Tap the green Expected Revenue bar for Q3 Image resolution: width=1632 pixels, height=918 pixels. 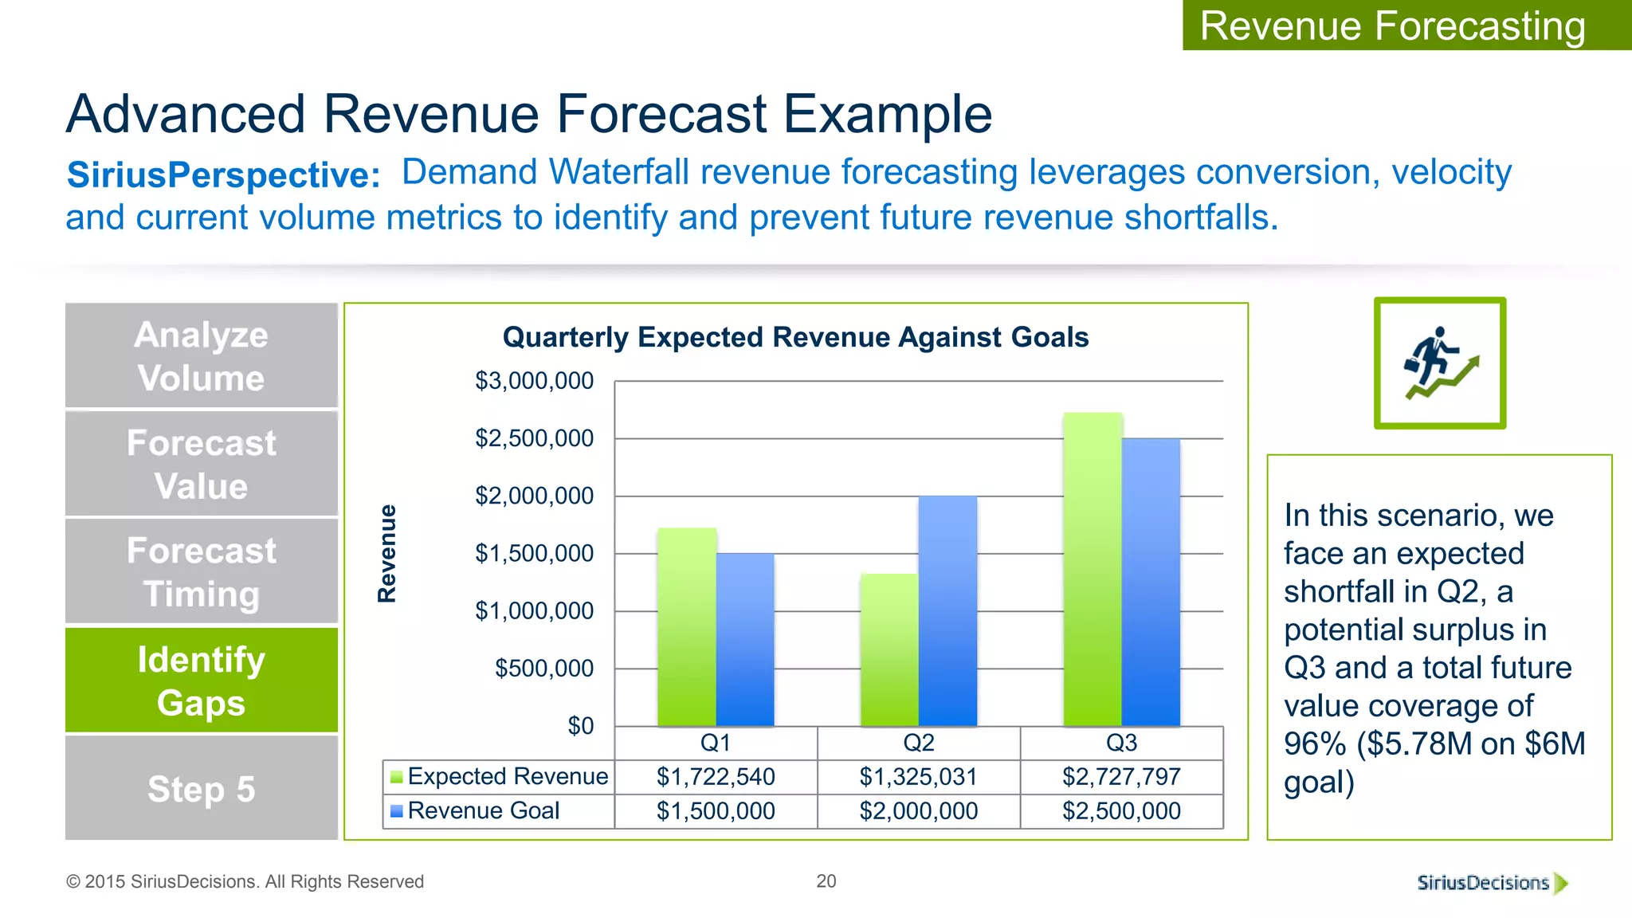coord(1093,569)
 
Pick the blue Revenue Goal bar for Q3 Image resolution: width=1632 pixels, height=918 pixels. coord(1151,582)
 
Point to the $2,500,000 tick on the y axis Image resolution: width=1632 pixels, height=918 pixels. coord(535,438)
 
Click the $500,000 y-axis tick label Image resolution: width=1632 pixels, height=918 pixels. coord(544,669)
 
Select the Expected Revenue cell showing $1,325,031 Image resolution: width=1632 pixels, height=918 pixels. coord(918,777)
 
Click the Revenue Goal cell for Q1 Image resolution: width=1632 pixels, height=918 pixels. coord(716,811)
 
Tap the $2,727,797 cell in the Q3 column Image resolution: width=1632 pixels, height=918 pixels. coord(1121,777)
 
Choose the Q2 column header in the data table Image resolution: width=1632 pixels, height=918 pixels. coord(918,743)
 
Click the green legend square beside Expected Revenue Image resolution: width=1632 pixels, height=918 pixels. coord(396,777)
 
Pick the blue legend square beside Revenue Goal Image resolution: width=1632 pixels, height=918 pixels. coord(396,811)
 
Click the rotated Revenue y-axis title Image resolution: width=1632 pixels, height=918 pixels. coord(387,553)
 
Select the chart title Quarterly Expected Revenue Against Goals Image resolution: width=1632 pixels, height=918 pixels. coord(795,337)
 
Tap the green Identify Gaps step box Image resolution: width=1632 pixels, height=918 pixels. coord(202,681)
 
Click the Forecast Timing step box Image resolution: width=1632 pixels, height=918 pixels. coord(202,572)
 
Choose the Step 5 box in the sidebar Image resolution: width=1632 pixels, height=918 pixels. coord(202,789)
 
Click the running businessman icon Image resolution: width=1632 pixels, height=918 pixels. coord(1439,363)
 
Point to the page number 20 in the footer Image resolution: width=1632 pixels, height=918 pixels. coord(826,881)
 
